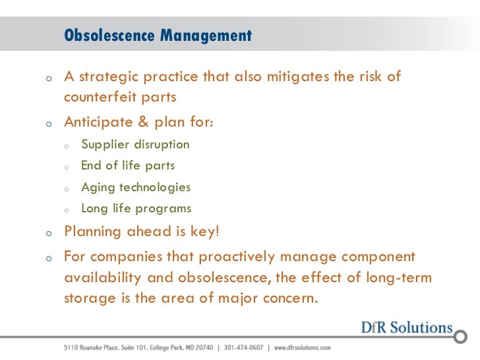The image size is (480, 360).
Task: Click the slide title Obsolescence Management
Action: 158,36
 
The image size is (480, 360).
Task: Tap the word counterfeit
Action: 98,98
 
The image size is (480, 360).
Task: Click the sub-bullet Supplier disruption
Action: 135,144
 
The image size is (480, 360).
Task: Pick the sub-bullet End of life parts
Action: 128,165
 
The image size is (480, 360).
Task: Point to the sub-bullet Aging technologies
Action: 136,187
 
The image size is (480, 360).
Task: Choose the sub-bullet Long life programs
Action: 136,209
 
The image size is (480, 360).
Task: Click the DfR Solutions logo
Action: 407,328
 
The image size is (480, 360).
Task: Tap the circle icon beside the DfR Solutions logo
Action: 460,336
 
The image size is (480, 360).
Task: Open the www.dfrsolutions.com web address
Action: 302,347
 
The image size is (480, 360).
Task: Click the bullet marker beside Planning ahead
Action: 49,233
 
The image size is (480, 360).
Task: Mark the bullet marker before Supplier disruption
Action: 67,146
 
